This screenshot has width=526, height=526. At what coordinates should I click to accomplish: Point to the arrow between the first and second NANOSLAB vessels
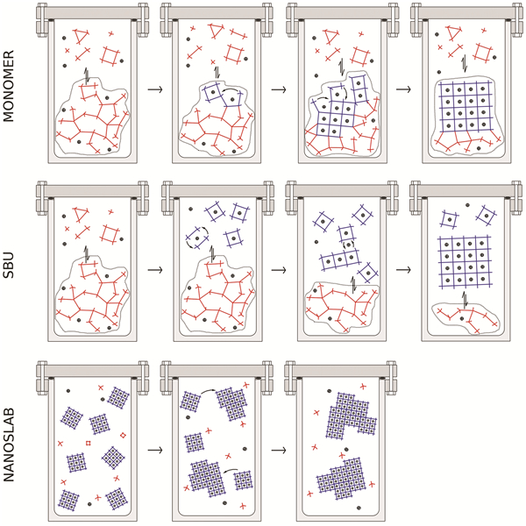click(x=154, y=449)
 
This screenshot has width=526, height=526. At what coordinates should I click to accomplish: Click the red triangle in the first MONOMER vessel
click(x=78, y=35)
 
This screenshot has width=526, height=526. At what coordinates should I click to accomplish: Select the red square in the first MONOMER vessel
click(x=110, y=54)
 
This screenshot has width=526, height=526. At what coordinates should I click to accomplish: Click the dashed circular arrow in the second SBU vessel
click(x=195, y=237)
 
